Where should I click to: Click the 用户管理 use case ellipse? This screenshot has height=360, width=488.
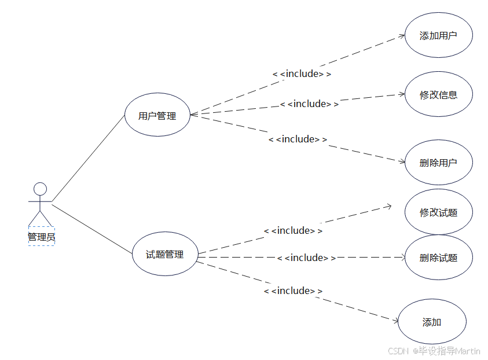click(x=157, y=116)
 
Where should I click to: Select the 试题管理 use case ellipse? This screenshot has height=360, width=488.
click(x=165, y=254)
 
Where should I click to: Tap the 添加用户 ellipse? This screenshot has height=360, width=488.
click(x=438, y=35)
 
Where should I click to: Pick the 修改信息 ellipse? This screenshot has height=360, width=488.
click(x=438, y=94)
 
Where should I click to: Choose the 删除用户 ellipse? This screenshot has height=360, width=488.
click(x=438, y=163)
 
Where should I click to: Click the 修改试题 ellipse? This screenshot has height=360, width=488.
click(x=438, y=212)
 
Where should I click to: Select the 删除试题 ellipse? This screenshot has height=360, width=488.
click(x=438, y=258)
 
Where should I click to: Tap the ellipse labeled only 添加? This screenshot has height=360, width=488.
click(x=432, y=322)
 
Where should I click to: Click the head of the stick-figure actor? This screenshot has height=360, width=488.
click(x=40, y=189)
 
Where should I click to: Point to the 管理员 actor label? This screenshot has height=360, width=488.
click(x=41, y=237)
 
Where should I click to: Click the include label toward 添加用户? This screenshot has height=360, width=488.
click(x=302, y=74)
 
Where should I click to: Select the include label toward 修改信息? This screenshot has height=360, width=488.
click(x=309, y=104)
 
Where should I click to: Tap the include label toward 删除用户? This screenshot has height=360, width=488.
click(x=298, y=139)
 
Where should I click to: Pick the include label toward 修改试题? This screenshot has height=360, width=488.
click(x=293, y=231)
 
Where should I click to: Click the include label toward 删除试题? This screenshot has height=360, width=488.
click(x=306, y=258)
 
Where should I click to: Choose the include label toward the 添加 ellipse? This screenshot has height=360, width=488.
click(x=293, y=291)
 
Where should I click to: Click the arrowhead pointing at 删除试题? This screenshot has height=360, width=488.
click(x=401, y=258)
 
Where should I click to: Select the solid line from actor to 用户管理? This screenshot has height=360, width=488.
click(x=88, y=157)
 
